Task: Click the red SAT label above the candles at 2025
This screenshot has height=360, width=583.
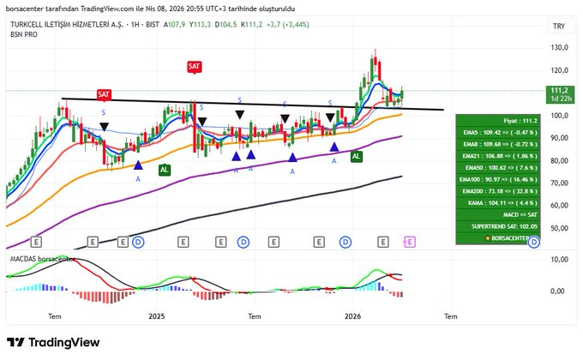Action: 195,66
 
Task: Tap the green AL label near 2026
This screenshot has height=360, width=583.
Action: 356,156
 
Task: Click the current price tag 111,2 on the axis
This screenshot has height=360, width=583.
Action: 558,90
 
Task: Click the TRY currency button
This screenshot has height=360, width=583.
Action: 558,27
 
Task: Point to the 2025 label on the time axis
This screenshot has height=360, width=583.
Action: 156,316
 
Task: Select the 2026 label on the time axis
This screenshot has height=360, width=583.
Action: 352,316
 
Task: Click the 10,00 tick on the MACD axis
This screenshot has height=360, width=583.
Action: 557,259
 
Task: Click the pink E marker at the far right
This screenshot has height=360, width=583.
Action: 408,243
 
